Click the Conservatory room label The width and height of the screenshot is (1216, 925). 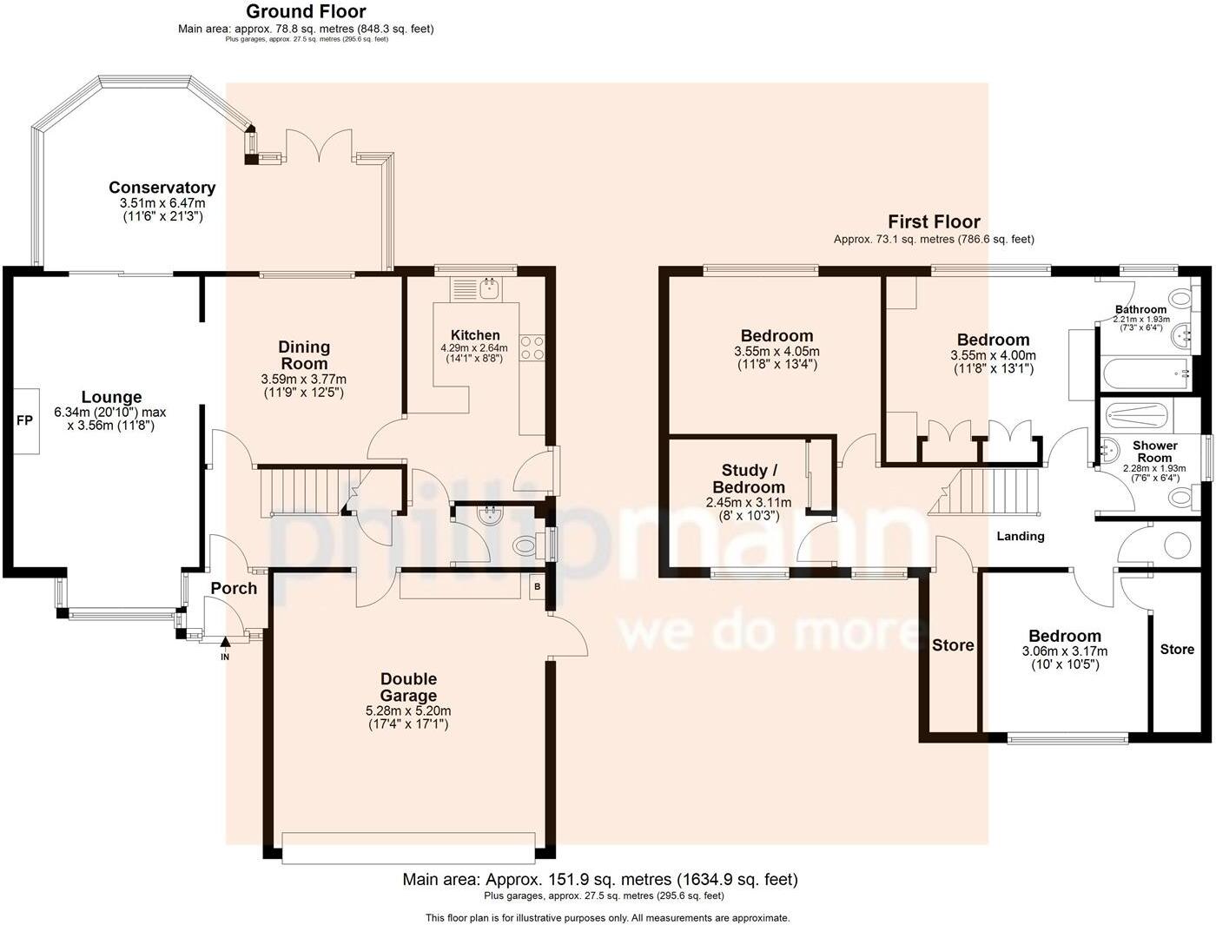coord(162,188)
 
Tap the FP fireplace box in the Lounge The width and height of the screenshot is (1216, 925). coord(24,420)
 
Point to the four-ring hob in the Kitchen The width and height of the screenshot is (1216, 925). coord(532,347)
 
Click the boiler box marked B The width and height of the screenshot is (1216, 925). coord(537,587)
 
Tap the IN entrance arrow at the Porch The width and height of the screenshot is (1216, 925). coord(225,644)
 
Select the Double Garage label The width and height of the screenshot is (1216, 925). coord(408,687)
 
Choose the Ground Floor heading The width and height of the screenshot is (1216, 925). coord(306,11)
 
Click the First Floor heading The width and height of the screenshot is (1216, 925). coord(934,221)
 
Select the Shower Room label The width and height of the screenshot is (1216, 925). coord(1154,452)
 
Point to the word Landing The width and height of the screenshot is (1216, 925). coord(1020,536)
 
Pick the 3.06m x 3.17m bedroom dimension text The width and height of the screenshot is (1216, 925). coord(1064,651)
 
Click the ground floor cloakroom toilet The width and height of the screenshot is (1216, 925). coord(525,546)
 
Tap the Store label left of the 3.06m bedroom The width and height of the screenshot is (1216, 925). coord(953,645)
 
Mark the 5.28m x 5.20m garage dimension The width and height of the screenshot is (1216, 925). coord(408,710)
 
